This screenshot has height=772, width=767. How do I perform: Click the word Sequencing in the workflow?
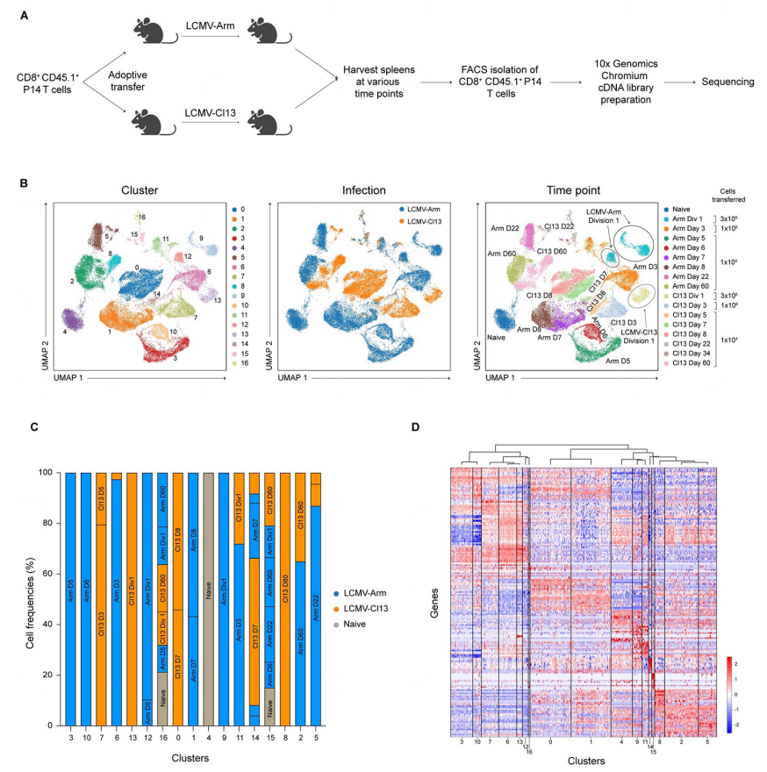click(722, 82)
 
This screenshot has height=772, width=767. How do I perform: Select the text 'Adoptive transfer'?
click(126, 82)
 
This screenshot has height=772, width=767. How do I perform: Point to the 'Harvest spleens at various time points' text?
click(379, 82)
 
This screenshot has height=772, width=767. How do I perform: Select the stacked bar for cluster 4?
click(209, 599)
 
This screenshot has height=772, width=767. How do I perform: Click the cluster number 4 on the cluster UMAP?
click(64, 332)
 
